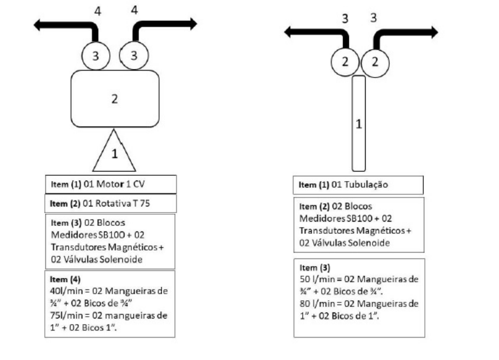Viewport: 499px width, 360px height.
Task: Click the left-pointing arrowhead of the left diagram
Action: click(x=37, y=25)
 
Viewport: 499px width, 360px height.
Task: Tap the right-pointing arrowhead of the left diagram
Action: click(x=194, y=24)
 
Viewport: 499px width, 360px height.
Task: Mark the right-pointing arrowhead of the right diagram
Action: click(x=435, y=33)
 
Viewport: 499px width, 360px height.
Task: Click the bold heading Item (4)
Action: click(x=65, y=279)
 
